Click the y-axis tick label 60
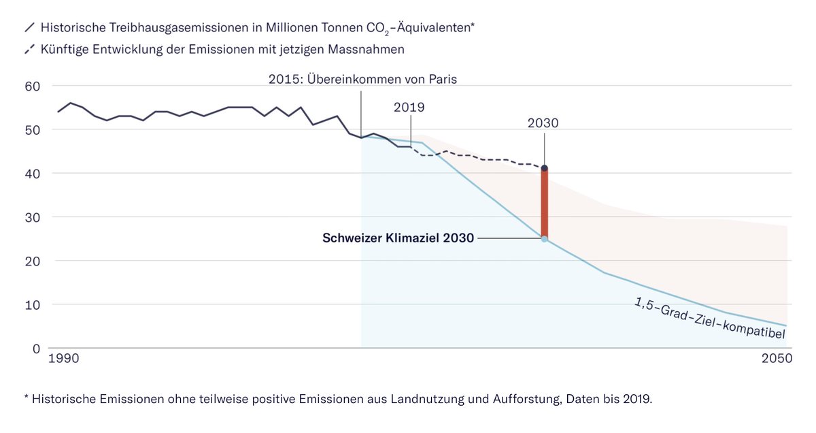pos(33,86)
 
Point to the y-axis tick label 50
pos(33,130)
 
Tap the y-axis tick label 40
pos(33,174)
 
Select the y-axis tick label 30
pos(33,217)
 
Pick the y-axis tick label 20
pos(33,261)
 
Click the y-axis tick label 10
pos(33,304)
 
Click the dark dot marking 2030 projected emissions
pos(545,168)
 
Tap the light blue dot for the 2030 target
pos(545,239)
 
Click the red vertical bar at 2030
pos(545,204)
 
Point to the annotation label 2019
pos(409,107)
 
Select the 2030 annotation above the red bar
pos(543,123)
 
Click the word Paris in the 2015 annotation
pos(442,79)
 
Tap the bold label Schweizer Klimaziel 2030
pos(398,239)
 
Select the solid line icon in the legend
pos(29,29)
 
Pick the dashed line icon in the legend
pos(29,49)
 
